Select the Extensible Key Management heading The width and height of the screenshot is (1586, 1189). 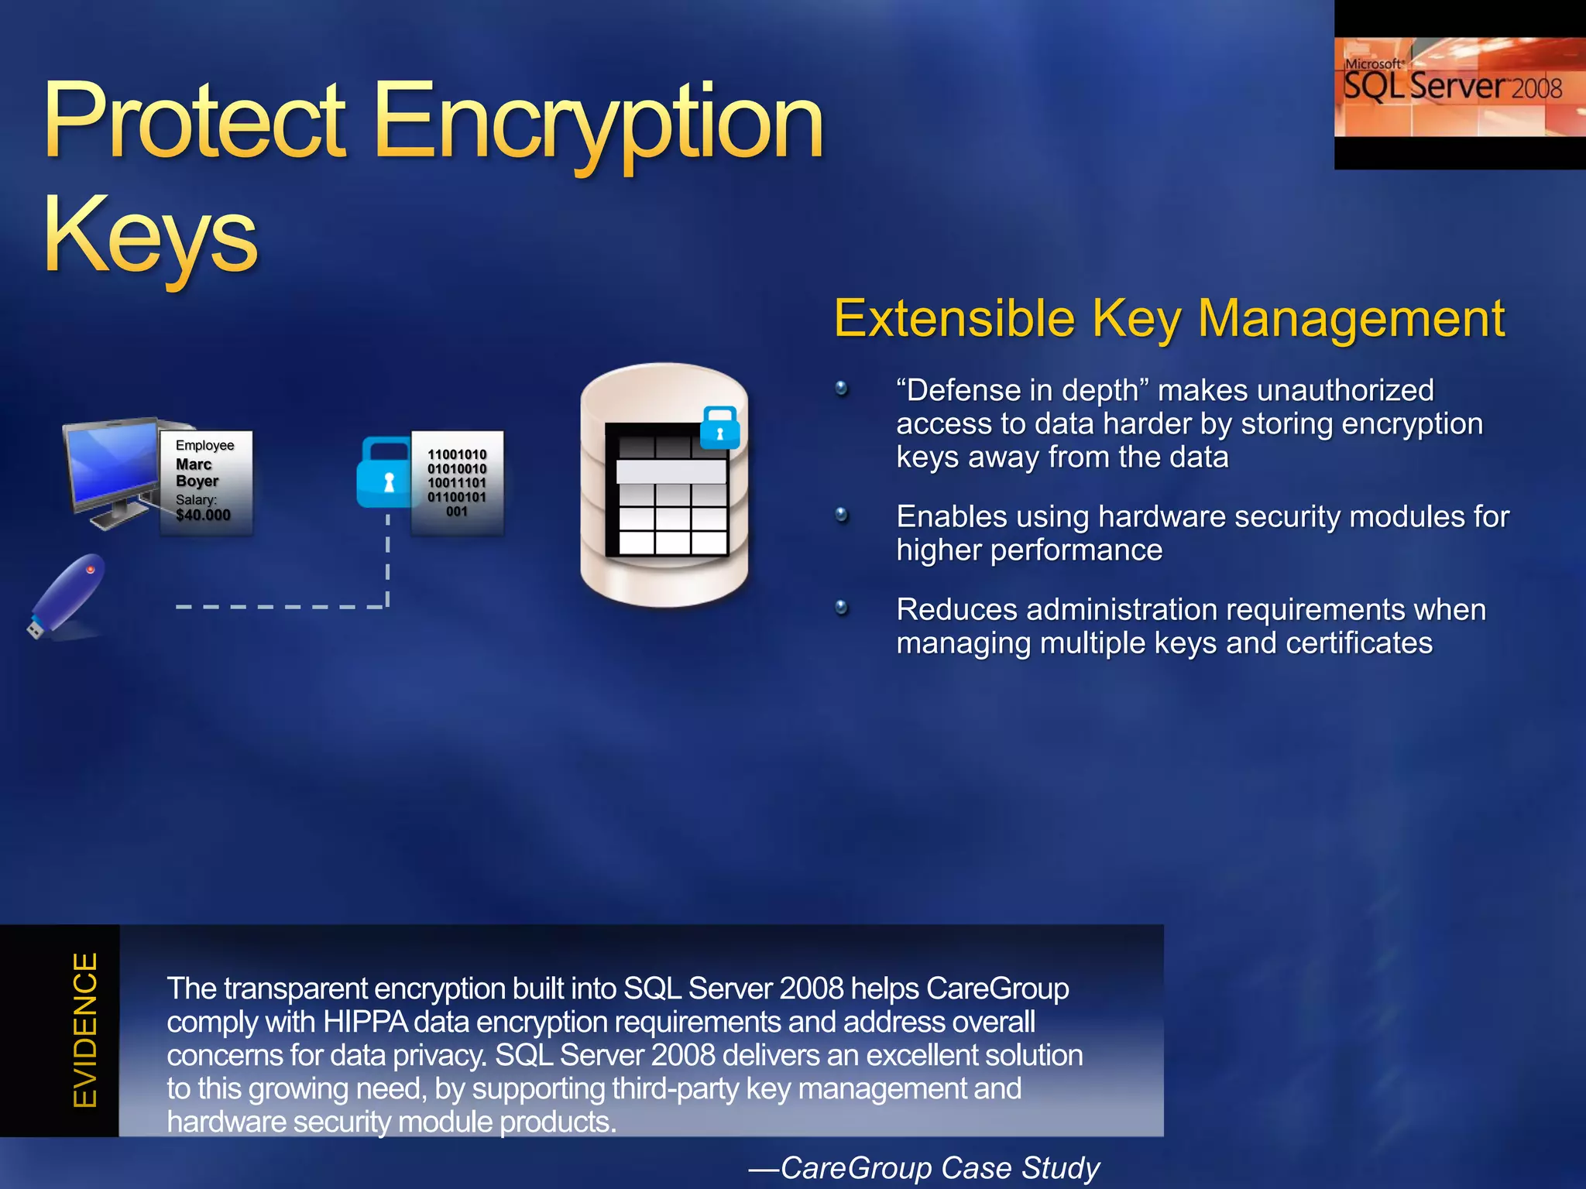(1169, 319)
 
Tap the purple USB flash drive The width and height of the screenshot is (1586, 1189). (67, 594)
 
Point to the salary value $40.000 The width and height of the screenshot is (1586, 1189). (203, 516)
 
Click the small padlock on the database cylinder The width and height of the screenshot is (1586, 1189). (719, 427)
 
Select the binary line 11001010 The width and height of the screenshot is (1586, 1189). (457, 454)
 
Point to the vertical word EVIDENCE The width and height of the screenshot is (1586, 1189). (85, 1030)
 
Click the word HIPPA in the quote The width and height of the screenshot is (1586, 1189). (365, 1023)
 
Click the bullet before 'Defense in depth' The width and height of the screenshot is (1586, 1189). (842, 389)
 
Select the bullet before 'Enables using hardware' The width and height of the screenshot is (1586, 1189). (842, 515)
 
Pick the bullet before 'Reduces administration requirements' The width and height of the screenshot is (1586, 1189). (842, 608)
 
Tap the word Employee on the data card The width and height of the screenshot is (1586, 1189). (204, 445)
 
